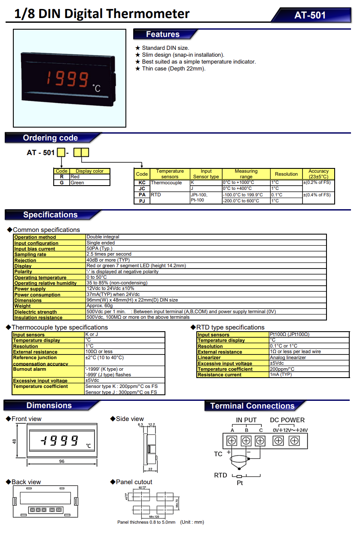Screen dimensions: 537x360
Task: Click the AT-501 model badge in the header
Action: click(310, 15)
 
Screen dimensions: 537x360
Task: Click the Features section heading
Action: click(162, 34)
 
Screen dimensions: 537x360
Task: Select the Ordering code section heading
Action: click(50, 138)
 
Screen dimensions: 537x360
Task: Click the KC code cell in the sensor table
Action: click(142, 183)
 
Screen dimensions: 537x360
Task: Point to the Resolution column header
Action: click(286, 174)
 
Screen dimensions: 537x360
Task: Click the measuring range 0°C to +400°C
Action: click(238, 189)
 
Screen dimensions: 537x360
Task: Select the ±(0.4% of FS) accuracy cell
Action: click(318, 195)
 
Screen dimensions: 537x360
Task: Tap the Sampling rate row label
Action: click(31, 254)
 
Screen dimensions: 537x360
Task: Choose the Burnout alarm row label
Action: click(30, 369)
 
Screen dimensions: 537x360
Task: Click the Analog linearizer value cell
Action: click(288, 357)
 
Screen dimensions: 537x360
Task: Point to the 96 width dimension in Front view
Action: click(61, 461)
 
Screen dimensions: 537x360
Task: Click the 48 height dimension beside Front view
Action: click(14, 441)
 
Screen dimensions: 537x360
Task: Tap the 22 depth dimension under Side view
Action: click(151, 470)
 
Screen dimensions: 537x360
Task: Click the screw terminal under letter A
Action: click(232, 440)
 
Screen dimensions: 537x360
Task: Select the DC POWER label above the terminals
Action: click(287, 420)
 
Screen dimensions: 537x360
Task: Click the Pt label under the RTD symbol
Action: click(240, 483)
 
